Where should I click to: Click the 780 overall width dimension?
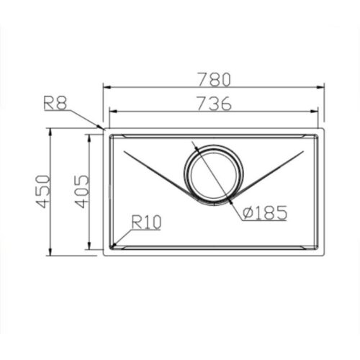pyautogui.click(x=213, y=76)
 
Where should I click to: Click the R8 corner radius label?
pyautogui.click(x=55, y=103)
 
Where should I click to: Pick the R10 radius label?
pyautogui.click(x=146, y=223)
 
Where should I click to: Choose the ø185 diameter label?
pyautogui.click(x=265, y=212)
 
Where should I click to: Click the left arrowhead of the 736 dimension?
pyautogui.click(x=109, y=113)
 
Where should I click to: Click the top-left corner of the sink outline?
pyautogui.click(x=104, y=130)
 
